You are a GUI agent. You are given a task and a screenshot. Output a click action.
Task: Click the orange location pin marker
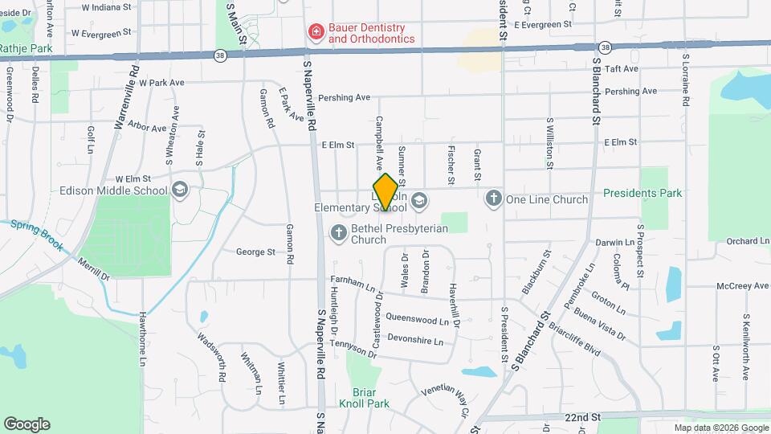(386, 192)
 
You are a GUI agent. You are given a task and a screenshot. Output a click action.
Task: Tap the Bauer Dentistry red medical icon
(316, 32)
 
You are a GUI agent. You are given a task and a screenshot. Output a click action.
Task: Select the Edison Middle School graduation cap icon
(180, 190)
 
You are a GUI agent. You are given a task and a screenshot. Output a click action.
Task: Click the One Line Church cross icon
(494, 199)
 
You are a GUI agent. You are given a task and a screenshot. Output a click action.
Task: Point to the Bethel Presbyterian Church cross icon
(339, 233)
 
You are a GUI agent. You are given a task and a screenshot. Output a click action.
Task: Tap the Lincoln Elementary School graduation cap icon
(420, 199)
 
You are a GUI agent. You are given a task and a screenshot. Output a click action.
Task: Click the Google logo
(27, 424)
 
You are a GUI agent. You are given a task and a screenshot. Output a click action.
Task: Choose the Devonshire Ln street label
(415, 341)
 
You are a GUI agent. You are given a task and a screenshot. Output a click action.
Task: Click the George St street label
(255, 252)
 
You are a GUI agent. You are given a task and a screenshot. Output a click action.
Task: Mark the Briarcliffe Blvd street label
(574, 339)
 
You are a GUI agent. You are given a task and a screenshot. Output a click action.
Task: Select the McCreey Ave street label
(744, 285)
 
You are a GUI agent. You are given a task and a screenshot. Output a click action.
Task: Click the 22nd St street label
(582, 418)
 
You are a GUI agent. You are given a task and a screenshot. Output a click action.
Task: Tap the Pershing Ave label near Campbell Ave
(344, 98)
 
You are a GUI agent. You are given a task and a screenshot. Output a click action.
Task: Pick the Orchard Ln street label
(747, 241)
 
